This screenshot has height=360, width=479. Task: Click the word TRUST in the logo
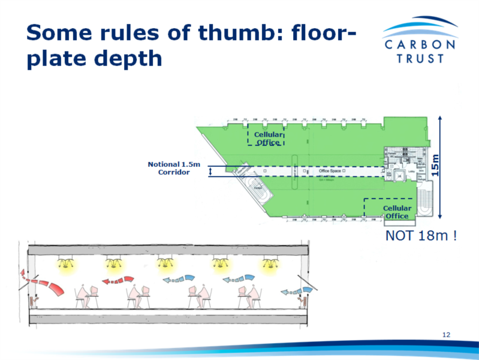pos(420,58)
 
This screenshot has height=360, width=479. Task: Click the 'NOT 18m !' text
pos(421,236)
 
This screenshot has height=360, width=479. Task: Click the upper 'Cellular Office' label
pos(268,139)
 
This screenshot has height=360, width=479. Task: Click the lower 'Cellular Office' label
pos(396,212)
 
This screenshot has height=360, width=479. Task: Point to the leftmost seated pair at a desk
pos(88,295)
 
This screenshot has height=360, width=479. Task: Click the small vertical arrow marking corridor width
pos(210,173)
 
